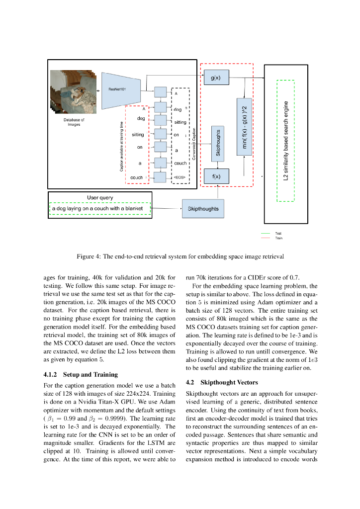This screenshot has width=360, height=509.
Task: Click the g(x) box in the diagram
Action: pyautogui.click(x=216, y=78)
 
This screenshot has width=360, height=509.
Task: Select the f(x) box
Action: pyautogui.click(x=216, y=176)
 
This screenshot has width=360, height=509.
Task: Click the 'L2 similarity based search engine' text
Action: pyautogui.click(x=286, y=141)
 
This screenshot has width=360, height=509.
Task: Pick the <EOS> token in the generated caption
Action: pyautogui.click(x=180, y=177)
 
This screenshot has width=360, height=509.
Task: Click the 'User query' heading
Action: pyautogui.click(x=100, y=197)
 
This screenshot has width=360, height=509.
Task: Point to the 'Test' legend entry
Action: pyautogui.click(x=278, y=233)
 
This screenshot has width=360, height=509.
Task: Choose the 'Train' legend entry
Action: pyautogui.click(x=279, y=238)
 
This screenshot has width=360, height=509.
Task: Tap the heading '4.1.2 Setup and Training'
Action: pyautogui.click(x=81, y=374)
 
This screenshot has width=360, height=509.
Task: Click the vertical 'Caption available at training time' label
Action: pyautogui.click(x=122, y=147)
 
